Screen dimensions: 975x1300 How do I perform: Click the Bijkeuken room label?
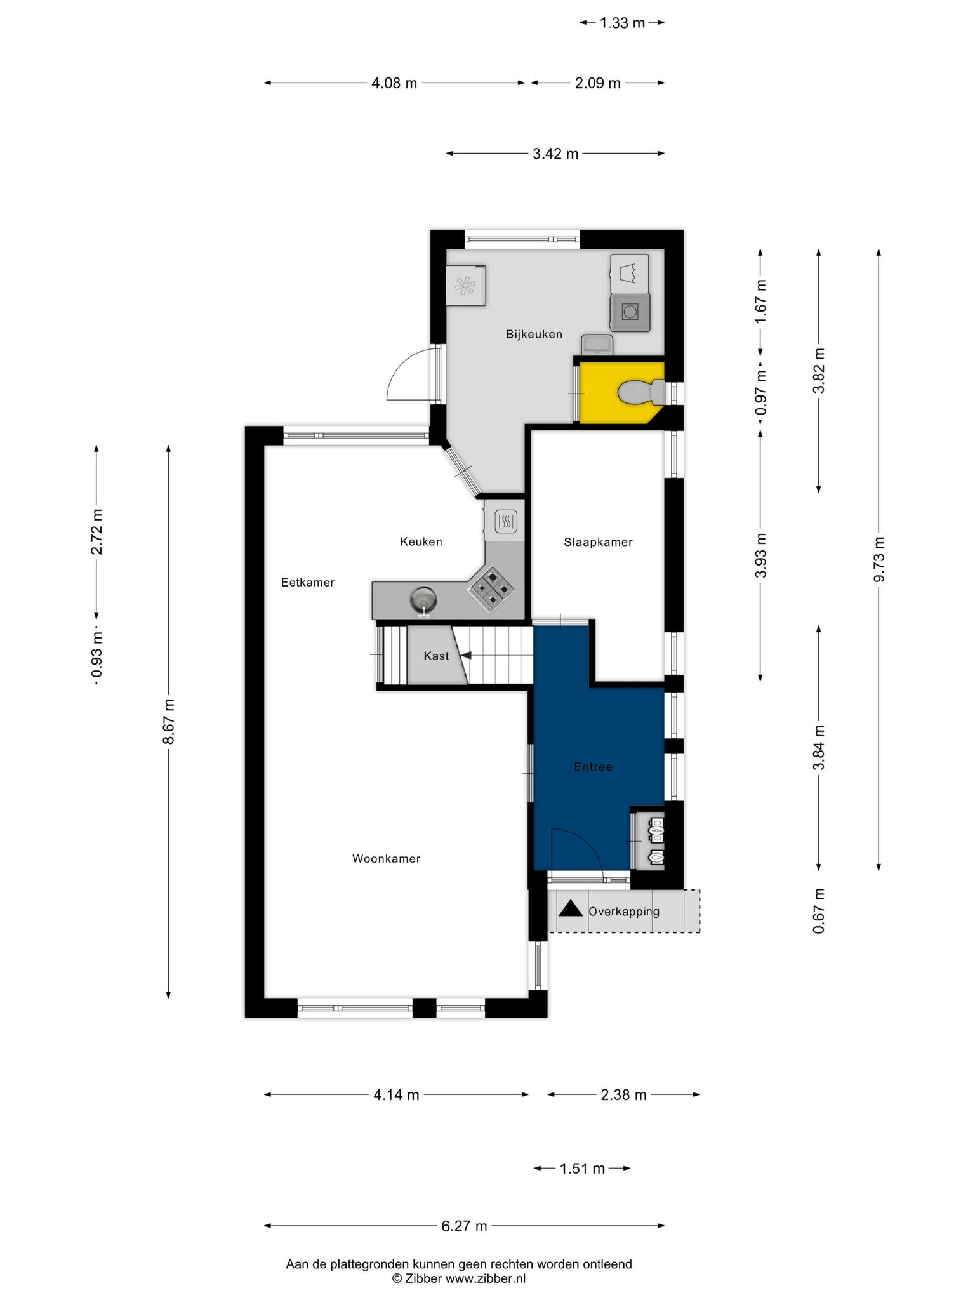[534, 335]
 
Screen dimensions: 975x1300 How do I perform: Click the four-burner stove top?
[491, 590]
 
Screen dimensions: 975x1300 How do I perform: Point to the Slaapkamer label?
[598, 542]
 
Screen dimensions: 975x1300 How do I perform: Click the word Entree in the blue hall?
[593, 767]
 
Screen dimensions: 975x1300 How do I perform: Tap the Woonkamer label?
[386, 859]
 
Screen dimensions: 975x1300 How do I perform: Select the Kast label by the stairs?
[436, 656]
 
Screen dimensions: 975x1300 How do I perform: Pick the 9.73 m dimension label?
[879, 559]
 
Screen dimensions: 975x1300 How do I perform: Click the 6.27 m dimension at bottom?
[464, 1226]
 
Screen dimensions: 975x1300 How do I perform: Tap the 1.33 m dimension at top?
[622, 23]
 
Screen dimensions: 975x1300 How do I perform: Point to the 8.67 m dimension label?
[168, 722]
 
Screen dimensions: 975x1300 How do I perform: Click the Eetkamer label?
[308, 583]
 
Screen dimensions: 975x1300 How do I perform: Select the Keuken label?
[421, 542]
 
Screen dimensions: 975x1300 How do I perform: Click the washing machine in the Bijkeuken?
[630, 312]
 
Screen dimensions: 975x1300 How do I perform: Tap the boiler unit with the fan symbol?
[467, 286]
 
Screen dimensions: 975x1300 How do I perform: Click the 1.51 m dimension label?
[582, 1169]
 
